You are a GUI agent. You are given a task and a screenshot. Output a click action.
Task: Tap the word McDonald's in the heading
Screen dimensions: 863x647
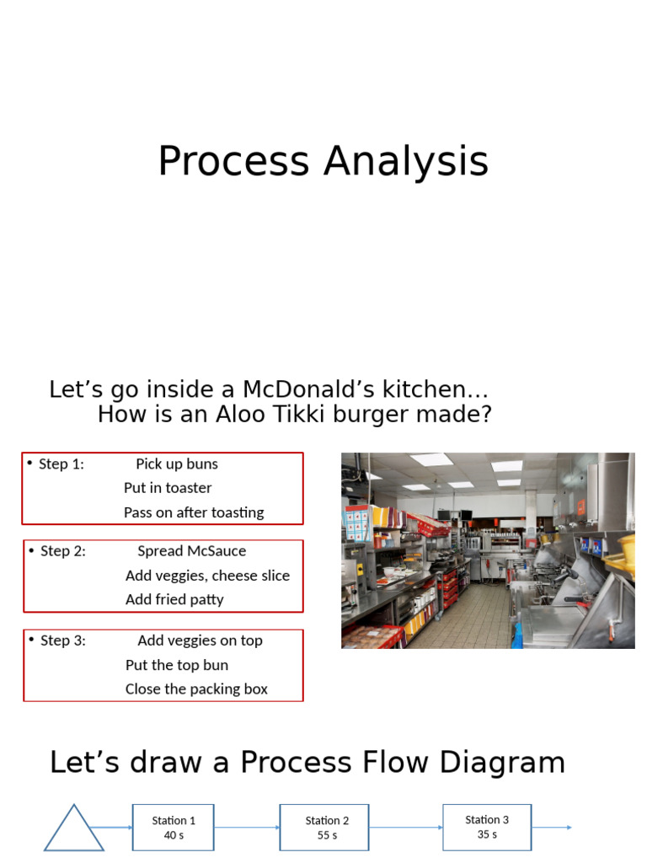[x=302, y=390]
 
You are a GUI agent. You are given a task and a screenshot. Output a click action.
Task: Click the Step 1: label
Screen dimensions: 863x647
[x=61, y=464]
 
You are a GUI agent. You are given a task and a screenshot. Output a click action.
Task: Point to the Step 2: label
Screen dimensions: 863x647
[x=62, y=551]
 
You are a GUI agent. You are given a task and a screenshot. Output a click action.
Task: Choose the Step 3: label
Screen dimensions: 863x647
[x=62, y=641]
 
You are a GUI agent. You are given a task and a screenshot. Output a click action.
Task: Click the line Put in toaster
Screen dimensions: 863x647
[x=168, y=488]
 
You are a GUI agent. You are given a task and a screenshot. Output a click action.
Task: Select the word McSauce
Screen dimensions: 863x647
[x=215, y=551]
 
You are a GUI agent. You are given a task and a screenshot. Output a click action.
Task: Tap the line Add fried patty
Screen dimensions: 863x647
[x=174, y=600]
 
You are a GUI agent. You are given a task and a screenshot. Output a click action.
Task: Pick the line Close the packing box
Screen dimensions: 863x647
[x=196, y=689]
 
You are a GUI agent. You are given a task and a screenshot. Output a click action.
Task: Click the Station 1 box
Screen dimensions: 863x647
[x=174, y=828]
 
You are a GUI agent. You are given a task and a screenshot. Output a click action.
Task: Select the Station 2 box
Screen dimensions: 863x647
[x=327, y=828]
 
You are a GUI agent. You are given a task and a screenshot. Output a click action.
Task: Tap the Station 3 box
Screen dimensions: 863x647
[x=487, y=827]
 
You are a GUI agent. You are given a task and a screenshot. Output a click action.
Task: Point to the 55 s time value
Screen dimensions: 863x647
[x=328, y=836]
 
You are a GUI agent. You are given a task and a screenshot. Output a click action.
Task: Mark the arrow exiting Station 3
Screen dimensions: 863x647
[x=552, y=828]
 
